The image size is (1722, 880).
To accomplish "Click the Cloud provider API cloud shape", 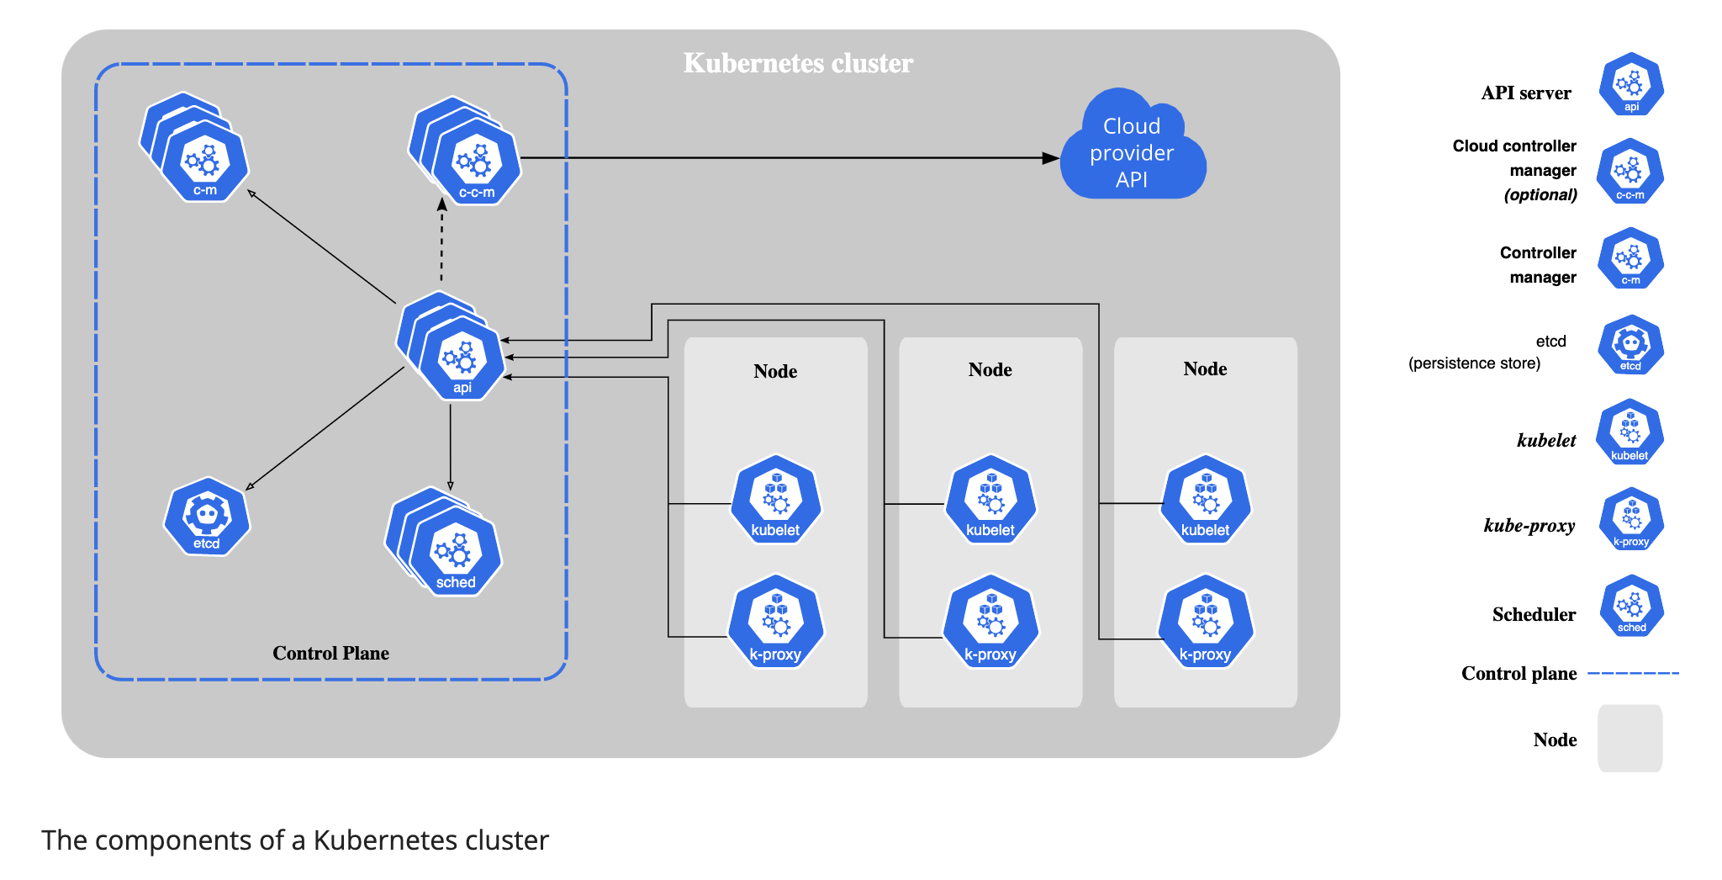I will (1132, 151).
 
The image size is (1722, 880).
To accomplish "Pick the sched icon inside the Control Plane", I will (455, 552).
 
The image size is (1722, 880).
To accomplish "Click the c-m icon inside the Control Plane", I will (204, 160).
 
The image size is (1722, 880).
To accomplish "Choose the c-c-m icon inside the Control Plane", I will (476, 162).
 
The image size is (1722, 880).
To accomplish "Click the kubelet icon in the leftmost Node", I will (775, 501).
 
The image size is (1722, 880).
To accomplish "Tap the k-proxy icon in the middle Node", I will (990, 623).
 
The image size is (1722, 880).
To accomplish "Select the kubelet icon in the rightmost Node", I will (1205, 501).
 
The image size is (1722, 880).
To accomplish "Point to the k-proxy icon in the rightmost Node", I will (1205, 623).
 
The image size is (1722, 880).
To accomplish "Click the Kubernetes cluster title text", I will (798, 63).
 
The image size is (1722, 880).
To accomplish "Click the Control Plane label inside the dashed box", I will (330, 653).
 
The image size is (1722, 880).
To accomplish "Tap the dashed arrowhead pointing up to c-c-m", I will (442, 204).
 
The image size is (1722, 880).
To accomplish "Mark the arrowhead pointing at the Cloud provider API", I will (1050, 157).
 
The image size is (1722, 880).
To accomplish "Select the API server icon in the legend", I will (1630, 85).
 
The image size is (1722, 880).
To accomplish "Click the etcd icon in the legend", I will (1630, 345).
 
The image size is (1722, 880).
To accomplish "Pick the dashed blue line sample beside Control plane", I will (1633, 673).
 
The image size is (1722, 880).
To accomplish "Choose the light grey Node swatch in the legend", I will (1630, 738).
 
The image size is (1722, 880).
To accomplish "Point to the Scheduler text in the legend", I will (1534, 614).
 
